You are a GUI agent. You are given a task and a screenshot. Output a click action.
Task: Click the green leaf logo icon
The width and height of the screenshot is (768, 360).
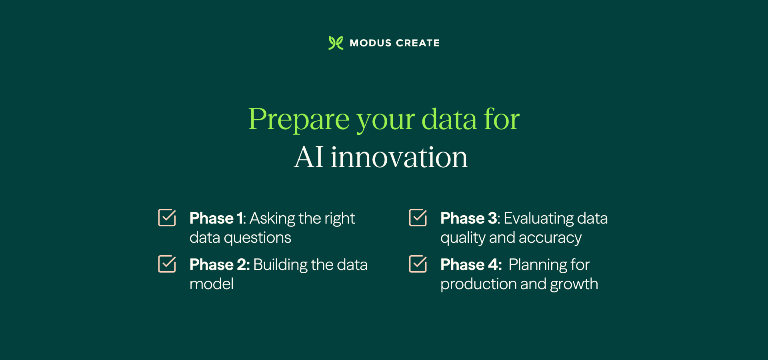pyautogui.click(x=336, y=43)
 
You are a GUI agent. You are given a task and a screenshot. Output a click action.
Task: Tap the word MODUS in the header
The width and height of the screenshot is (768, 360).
pyautogui.click(x=370, y=43)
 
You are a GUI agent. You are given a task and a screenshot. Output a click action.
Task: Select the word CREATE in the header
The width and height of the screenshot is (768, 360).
pyautogui.click(x=418, y=43)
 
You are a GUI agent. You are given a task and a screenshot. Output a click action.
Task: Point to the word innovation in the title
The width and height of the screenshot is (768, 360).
pyautogui.click(x=399, y=157)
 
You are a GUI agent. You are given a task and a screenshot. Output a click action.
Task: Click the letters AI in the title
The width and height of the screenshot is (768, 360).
pyautogui.click(x=308, y=157)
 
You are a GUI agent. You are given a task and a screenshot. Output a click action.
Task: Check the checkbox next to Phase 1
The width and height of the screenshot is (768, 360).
pyautogui.click(x=167, y=218)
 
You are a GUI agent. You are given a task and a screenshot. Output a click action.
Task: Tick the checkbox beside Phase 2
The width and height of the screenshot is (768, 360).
pyautogui.click(x=167, y=264)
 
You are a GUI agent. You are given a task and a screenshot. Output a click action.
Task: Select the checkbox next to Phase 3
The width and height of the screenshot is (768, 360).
pyautogui.click(x=418, y=218)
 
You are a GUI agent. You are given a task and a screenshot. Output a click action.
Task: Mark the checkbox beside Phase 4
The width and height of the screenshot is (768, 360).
pyautogui.click(x=418, y=264)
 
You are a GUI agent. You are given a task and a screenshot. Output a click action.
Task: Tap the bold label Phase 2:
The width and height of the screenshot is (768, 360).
pyautogui.click(x=220, y=265)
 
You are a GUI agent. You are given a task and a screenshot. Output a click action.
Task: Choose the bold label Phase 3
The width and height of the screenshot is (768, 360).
pyautogui.click(x=468, y=218)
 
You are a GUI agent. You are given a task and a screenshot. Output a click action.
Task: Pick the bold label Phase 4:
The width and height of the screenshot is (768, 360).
pyautogui.click(x=471, y=265)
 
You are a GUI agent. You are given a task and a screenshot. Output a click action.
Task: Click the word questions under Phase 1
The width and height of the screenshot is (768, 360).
pyautogui.click(x=257, y=238)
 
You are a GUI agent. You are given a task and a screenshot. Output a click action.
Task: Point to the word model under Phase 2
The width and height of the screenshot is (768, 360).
pyautogui.click(x=211, y=284)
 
